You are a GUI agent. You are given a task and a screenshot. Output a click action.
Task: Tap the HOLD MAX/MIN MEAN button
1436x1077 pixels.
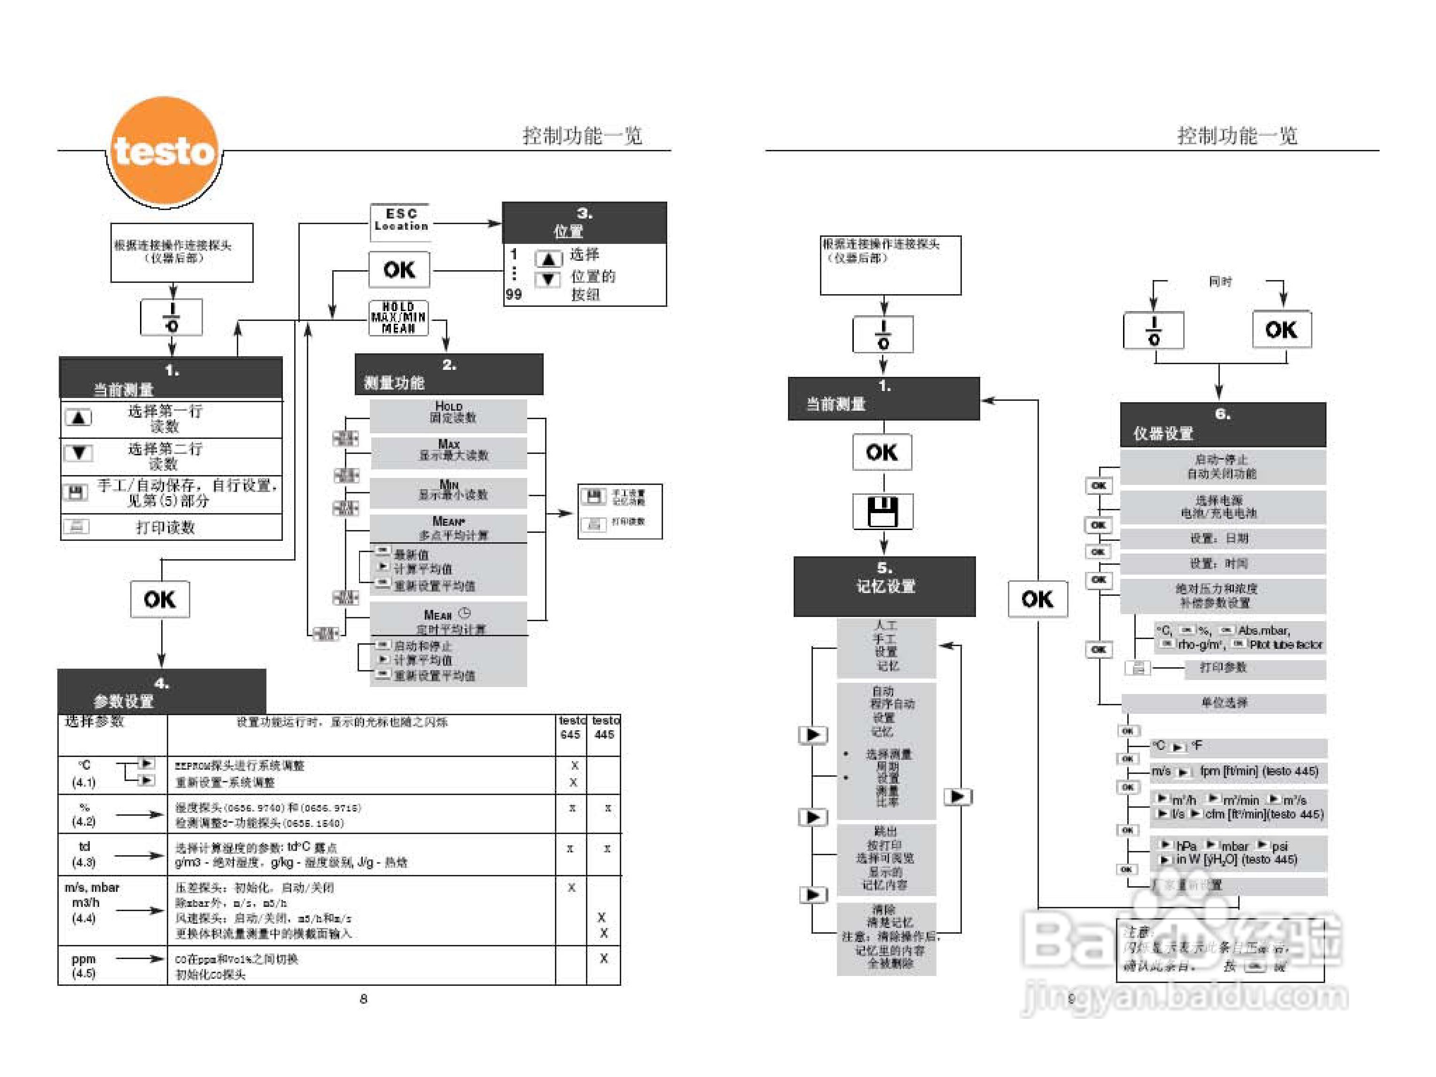point(398,318)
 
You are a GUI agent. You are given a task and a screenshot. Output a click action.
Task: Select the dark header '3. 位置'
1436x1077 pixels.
point(584,222)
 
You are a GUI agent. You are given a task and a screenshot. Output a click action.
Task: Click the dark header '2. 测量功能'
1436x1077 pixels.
point(449,374)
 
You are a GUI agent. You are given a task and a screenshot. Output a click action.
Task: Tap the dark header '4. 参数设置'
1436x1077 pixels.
point(162,691)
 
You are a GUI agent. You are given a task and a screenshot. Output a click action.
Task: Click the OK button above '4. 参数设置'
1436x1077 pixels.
point(160,599)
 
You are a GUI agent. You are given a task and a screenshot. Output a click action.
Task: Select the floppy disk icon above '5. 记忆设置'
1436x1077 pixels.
point(883,512)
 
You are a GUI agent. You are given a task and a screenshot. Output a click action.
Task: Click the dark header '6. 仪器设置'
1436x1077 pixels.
point(1222,424)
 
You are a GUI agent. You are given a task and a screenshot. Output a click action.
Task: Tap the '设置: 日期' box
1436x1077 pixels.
point(1222,538)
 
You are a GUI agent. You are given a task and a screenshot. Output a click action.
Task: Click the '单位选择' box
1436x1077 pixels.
point(1224,703)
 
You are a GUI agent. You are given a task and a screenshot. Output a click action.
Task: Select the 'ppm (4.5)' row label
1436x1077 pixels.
point(84,965)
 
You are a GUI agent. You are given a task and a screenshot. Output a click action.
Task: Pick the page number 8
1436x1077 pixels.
point(364,999)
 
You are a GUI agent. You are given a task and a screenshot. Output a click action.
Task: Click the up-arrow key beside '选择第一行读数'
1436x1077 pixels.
point(78,417)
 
